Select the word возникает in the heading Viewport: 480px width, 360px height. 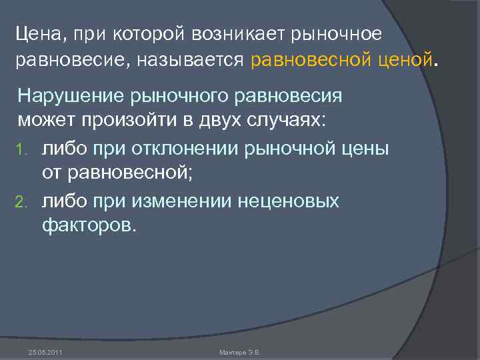coord(228,34)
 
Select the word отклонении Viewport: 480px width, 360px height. coord(181,148)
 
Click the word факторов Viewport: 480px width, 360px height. coord(89,227)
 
